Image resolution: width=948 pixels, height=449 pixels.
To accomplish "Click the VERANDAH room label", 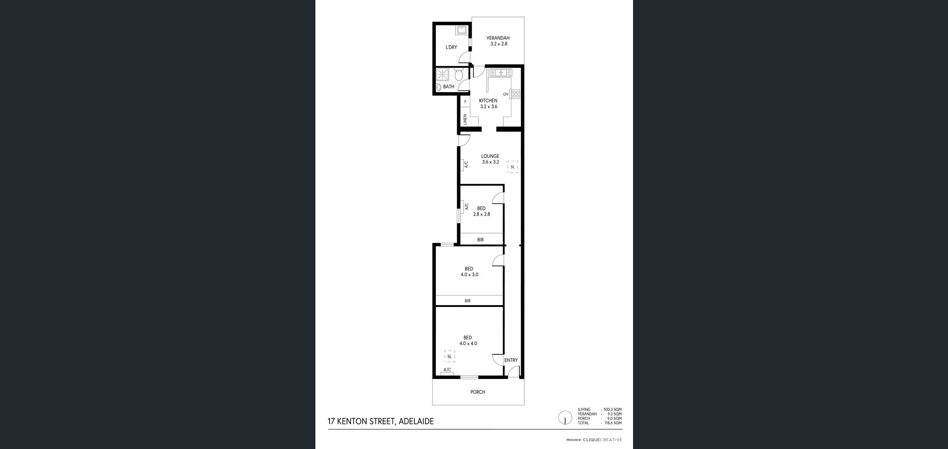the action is pos(498,38).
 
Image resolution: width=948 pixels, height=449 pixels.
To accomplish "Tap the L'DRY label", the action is pos(451,47).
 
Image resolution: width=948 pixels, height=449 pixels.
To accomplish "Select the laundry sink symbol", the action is pos(461,30).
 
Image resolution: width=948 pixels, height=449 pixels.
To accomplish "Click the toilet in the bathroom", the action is pos(459,74).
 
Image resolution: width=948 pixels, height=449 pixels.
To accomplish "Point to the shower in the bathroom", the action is pos(442,74).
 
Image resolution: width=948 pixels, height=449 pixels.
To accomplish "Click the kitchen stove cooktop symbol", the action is pos(515,94).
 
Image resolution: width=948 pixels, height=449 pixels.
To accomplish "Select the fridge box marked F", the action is pos(465,102).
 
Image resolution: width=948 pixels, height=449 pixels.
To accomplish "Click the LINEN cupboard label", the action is pos(465,119).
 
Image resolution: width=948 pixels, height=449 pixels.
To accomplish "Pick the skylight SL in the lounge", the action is pos(512,167).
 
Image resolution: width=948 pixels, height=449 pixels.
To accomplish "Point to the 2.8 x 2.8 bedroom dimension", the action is pos(482,214).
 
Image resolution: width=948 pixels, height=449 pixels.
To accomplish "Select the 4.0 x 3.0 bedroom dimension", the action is pos(470,275).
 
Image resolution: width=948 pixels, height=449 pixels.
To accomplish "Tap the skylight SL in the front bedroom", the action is pos(449,356).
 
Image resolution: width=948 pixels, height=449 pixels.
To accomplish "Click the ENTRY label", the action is pos(511,360).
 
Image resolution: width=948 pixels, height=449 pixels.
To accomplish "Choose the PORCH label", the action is pos(478,392).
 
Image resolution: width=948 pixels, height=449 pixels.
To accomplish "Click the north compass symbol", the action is pos(565,418).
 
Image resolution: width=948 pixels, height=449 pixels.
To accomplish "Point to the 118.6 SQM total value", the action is pos(613,423).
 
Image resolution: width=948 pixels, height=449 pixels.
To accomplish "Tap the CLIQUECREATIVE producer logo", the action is pos(602,440).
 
